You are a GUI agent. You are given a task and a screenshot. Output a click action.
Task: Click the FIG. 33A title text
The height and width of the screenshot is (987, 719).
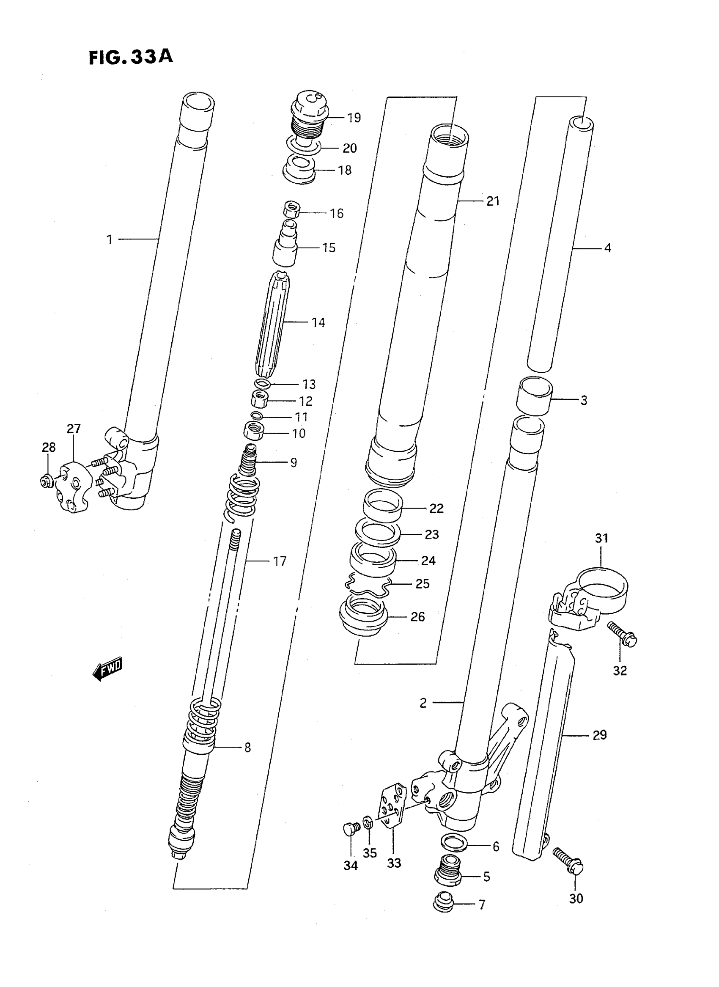131,57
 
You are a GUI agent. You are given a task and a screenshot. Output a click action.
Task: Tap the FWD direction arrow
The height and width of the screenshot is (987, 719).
108,669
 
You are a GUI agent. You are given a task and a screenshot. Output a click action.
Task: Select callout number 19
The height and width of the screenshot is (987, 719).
354,118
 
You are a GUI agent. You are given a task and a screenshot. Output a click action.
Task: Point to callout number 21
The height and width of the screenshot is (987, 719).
493,201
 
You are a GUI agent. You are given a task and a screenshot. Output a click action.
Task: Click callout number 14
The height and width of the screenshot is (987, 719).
318,323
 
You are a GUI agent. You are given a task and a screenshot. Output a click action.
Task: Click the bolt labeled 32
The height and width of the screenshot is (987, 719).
623,634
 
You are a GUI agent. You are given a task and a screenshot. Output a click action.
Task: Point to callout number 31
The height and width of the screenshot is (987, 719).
601,539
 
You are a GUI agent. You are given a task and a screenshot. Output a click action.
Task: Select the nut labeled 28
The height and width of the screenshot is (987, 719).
47,481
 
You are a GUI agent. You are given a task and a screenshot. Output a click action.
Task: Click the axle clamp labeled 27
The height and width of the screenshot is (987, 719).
73,488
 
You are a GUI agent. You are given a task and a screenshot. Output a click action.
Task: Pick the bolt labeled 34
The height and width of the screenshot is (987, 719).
351,829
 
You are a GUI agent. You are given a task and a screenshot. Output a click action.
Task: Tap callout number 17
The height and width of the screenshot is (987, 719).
280,562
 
